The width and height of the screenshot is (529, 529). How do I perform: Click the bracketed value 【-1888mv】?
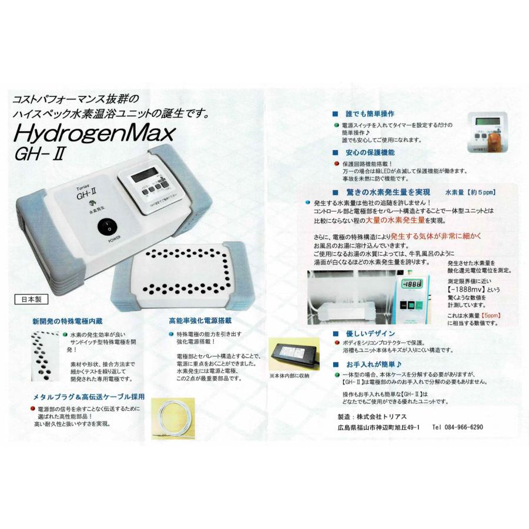(x=468, y=289)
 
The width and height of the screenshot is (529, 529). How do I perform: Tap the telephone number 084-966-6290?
(x=457, y=427)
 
